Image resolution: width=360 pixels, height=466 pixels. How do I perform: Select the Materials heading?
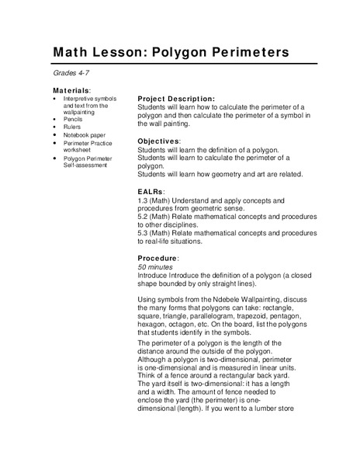click(72, 91)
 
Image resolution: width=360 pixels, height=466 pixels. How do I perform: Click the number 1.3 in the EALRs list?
click(143, 200)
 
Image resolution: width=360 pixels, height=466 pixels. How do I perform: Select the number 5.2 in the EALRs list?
click(143, 216)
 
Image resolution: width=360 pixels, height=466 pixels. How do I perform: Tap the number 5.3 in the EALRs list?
click(143, 232)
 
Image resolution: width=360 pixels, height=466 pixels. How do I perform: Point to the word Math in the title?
click(71, 53)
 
